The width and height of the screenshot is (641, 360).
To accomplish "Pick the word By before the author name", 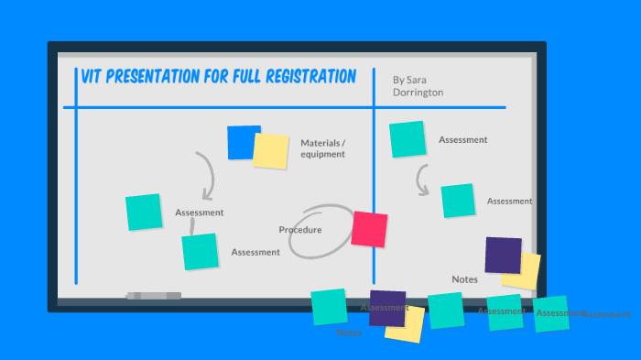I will point(397,80).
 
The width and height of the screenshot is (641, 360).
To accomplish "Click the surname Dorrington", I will point(418,93).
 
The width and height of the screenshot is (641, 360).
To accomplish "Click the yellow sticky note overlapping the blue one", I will point(272,151).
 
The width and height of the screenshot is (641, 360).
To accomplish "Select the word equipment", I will point(322,154).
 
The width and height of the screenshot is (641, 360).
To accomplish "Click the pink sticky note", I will point(369,229).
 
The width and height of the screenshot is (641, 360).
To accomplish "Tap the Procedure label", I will point(300,230).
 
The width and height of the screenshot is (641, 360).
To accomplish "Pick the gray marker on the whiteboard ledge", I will point(154,296).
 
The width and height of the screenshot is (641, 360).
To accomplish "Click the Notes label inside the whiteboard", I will point(464,278).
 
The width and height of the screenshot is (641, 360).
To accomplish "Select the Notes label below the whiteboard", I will point(348,333).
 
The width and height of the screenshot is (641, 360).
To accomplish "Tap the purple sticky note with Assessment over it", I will point(386,308).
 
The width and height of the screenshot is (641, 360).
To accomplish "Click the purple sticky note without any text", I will point(502,255).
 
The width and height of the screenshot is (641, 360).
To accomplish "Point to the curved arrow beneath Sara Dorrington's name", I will point(422,180).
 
